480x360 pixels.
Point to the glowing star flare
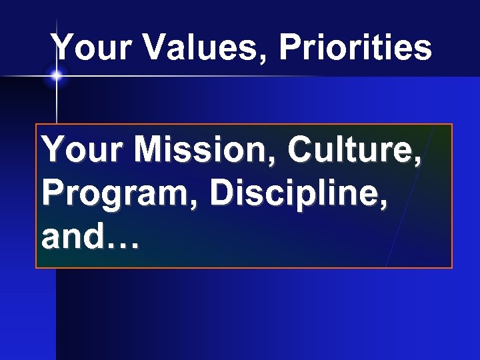[x=56, y=76]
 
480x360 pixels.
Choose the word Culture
[x=349, y=152]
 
